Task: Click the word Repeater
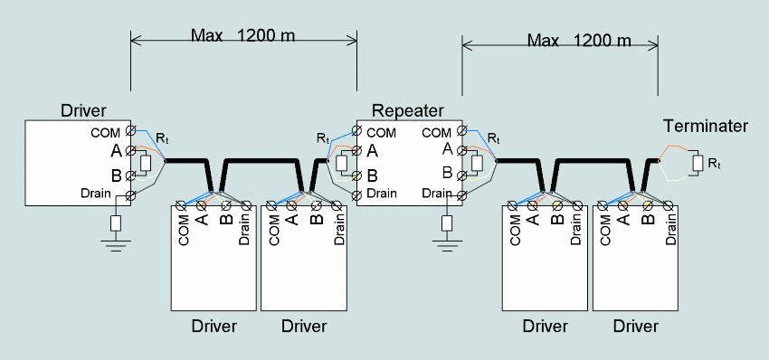(x=407, y=111)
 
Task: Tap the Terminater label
(x=706, y=126)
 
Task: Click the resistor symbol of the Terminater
(x=698, y=164)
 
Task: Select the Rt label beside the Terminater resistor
(x=714, y=165)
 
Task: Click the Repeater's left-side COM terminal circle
(x=358, y=131)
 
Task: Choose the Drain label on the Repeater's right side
(x=435, y=194)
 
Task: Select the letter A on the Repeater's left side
(x=372, y=151)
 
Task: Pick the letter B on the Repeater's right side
(x=447, y=172)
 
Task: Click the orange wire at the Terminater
(x=672, y=149)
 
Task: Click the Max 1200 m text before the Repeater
(x=242, y=34)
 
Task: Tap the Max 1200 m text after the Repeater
(x=579, y=40)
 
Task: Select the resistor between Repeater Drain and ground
(x=446, y=223)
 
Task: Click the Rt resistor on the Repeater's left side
(x=341, y=162)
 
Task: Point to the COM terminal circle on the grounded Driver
(x=130, y=130)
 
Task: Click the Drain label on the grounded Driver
(x=96, y=194)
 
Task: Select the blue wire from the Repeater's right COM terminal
(x=479, y=142)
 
